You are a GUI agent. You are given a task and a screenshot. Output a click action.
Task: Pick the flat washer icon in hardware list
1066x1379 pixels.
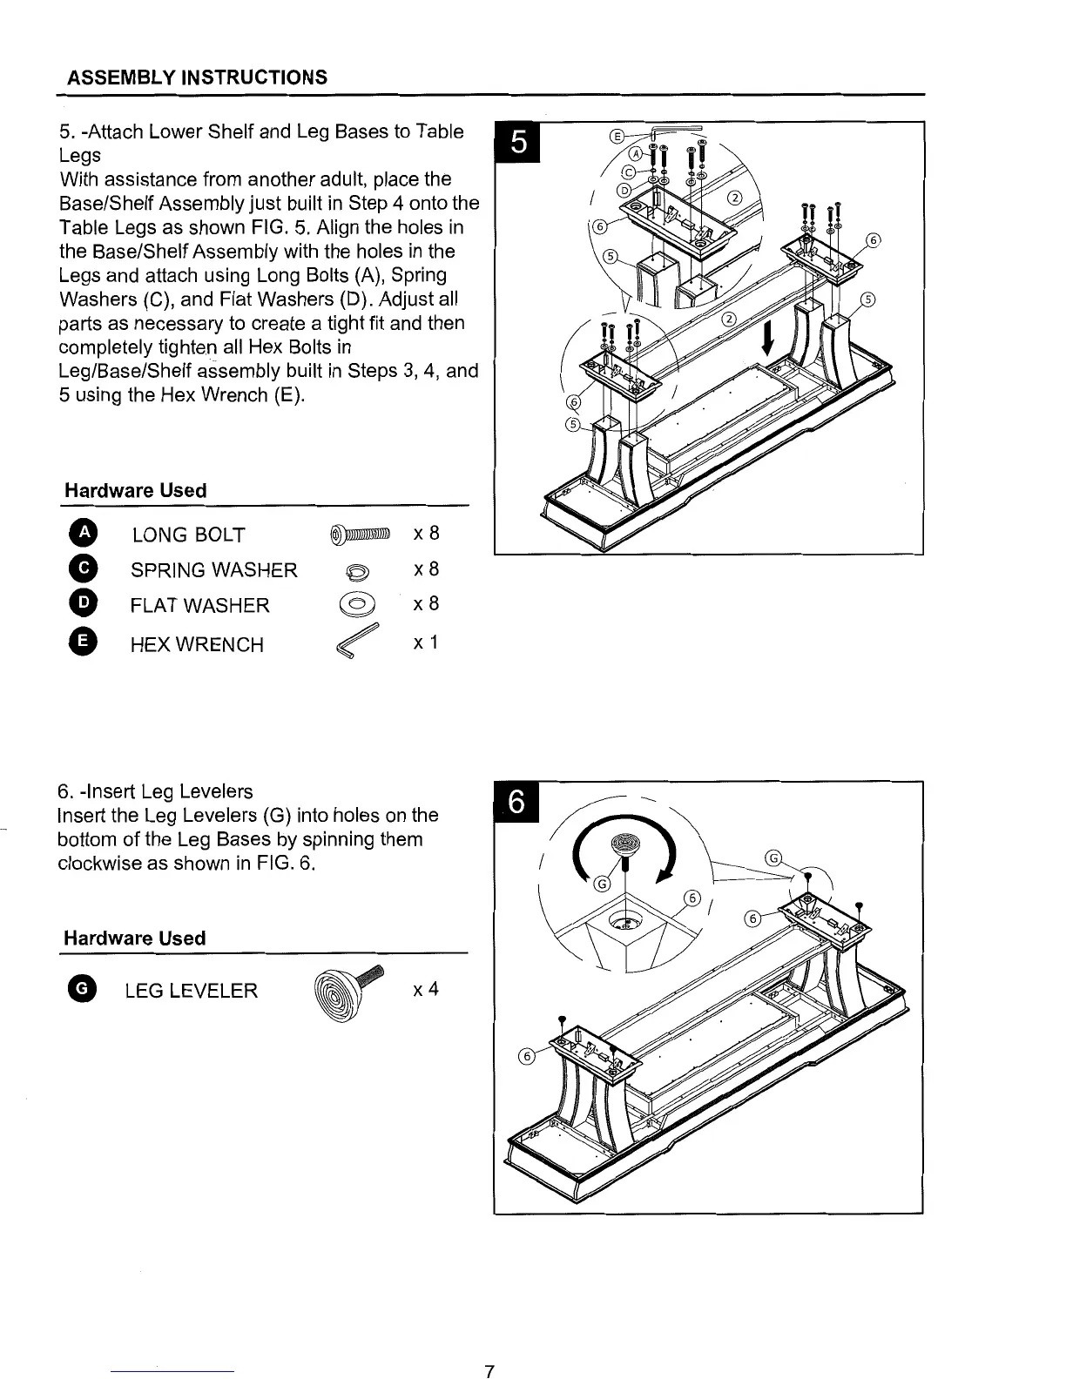358,604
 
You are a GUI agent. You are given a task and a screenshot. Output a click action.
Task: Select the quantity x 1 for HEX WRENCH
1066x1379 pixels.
425,642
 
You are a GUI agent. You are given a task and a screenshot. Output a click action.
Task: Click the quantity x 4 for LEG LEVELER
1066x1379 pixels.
425,989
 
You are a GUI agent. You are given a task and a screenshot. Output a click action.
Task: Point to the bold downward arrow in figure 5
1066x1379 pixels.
768,337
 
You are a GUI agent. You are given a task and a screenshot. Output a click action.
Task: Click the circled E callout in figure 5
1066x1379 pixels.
617,137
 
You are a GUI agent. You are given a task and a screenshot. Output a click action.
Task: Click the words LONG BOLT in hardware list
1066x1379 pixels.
188,535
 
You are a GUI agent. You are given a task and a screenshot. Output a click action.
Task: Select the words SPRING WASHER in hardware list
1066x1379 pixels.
213,570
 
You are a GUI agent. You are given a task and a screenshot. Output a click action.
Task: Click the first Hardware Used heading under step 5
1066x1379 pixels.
135,490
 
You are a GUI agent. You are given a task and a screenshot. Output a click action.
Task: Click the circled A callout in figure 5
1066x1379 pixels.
637,152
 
